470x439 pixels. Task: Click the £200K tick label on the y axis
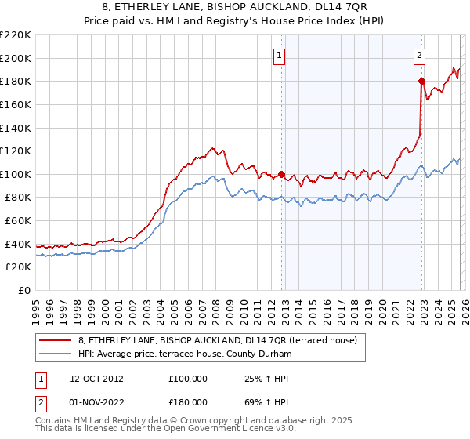click(16, 58)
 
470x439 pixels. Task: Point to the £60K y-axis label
click(18, 221)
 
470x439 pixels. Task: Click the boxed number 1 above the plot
click(280, 55)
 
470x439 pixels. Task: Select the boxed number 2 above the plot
click(420, 55)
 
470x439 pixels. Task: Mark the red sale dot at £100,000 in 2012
click(282, 175)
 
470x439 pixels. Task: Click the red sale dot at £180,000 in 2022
click(421, 81)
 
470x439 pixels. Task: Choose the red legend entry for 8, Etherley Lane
click(218, 340)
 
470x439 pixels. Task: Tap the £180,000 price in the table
click(188, 401)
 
